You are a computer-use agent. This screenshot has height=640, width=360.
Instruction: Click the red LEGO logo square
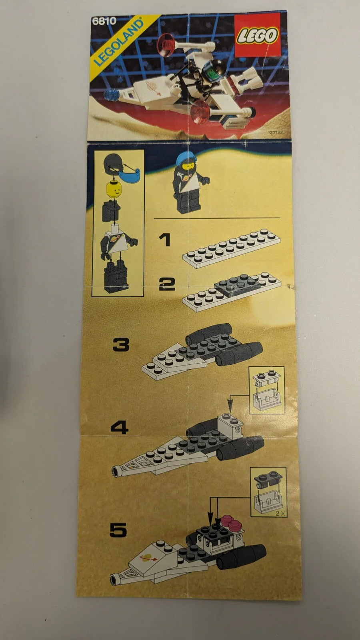(258, 34)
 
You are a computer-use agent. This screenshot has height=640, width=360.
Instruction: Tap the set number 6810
(104, 21)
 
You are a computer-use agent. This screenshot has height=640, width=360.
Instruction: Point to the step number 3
(121, 344)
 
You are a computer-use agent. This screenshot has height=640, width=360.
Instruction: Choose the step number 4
(120, 428)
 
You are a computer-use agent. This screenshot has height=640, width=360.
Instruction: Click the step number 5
(118, 530)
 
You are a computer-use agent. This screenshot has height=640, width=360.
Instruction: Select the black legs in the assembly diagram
(116, 274)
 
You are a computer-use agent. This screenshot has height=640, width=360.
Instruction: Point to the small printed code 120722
(275, 132)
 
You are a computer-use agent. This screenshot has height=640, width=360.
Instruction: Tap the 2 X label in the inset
(280, 514)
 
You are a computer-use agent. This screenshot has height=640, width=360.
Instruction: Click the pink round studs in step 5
(231, 522)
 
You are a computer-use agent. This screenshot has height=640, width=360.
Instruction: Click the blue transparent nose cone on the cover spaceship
(112, 95)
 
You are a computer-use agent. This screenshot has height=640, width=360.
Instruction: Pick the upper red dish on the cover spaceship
(166, 44)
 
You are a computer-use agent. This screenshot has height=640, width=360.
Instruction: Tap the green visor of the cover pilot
(211, 74)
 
